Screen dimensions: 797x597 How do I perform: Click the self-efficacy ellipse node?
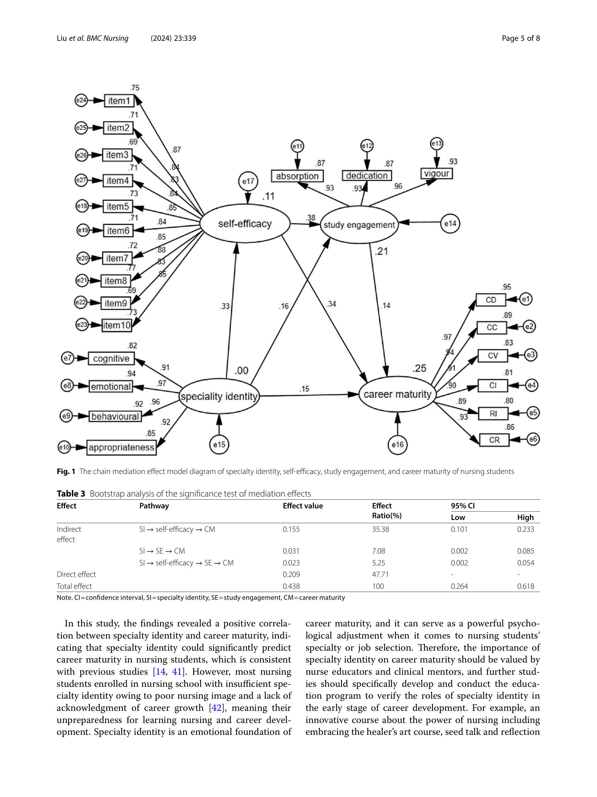pyautogui.click(x=245, y=224)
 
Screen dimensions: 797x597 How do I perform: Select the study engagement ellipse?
pyautogui.click(x=359, y=225)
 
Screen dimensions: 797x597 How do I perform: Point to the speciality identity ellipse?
pyautogui.click(x=219, y=397)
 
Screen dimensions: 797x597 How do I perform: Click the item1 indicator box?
pyautogui.click(x=119, y=101)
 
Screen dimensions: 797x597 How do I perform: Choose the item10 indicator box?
pyautogui.click(x=117, y=325)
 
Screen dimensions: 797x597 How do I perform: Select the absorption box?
pyautogui.click(x=297, y=176)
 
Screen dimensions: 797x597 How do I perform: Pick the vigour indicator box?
pyautogui.click(x=436, y=174)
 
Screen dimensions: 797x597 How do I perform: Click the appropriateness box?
pyautogui.click(x=121, y=447)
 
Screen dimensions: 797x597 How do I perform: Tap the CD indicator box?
pyautogui.click(x=491, y=300)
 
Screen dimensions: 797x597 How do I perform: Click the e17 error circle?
pyautogui.click(x=248, y=181)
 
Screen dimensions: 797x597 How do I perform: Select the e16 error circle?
pyautogui.click(x=398, y=444)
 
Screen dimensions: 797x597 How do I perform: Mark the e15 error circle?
pyautogui.click(x=219, y=444)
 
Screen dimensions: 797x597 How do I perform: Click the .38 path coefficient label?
pyautogui.click(x=310, y=218)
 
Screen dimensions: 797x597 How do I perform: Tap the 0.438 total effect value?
pyautogui.click(x=291, y=586)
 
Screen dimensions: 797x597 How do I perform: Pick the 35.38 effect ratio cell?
pyautogui.click(x=380, y=529)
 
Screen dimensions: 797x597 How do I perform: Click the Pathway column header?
pyautogui.click(x=154, y=506)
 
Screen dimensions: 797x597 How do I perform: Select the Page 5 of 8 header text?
pyautogui.click(x=520, y=38)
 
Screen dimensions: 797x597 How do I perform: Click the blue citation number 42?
pyautogui.click(x=216, y=708)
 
